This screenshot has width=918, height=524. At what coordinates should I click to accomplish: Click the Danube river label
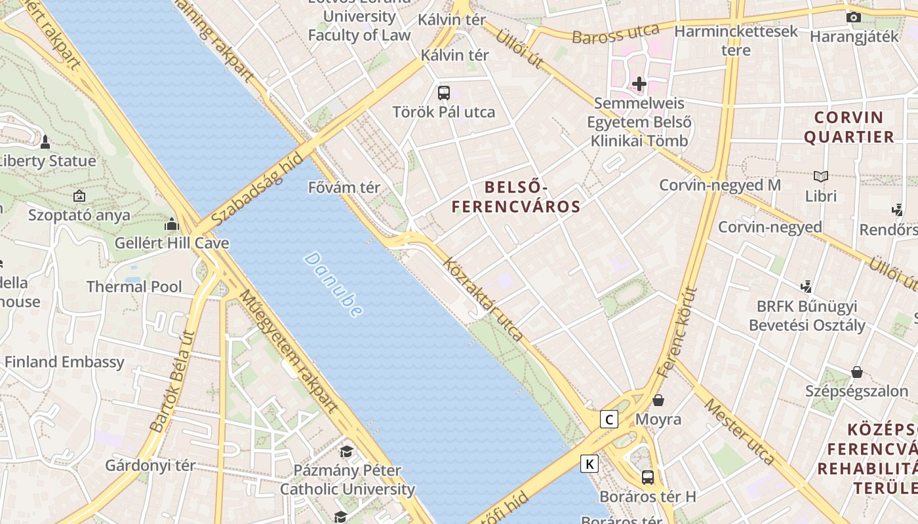coord(333,285)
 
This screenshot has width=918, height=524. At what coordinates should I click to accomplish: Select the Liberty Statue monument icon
coord(45,141)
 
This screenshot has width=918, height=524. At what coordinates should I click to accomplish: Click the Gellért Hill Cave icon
coord(172,225)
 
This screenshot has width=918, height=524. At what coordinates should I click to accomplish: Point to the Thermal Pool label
coord(134,286)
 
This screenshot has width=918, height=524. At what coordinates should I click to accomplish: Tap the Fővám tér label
coord(344,187)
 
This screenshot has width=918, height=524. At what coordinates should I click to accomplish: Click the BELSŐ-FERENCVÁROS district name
coord(516,197)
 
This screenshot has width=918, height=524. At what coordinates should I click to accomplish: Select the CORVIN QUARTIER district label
coord(848,127)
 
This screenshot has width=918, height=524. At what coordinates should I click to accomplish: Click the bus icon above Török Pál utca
coord(444,92)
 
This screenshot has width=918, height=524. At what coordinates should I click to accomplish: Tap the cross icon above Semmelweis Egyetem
coord(639,84)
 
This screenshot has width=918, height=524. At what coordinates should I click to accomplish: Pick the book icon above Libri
coord(820,176)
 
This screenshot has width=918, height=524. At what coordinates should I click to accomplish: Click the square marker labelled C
coord(609,419)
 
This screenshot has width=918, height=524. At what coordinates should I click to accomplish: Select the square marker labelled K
coord(589,464)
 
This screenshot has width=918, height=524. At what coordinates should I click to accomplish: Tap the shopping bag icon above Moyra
coord(658,400)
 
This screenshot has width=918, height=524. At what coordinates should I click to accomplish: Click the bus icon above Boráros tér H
coord(648,477)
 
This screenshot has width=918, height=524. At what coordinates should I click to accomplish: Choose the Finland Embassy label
coord(64,362)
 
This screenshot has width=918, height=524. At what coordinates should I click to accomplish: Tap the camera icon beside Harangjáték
coord(853,18)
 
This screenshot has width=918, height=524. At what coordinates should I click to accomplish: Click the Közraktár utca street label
coord(483,300)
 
